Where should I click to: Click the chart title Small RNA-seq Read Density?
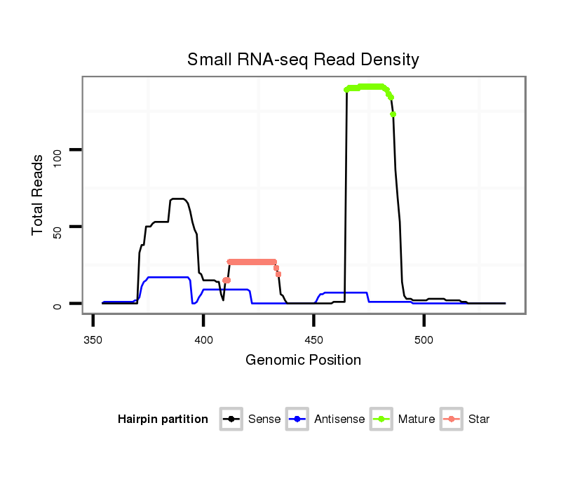point(303,60)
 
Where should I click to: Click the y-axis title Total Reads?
point(39,194)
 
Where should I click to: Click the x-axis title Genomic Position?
point(303,361)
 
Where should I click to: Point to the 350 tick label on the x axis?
point(93,340)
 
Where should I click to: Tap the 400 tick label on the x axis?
point(203,340)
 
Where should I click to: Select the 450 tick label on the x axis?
point(313,340)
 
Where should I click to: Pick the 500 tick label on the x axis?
point(424,340)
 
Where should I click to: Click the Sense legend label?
point(264,419)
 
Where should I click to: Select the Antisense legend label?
point(339,419)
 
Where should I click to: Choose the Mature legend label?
point(417,419)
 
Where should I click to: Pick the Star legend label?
point(479,419)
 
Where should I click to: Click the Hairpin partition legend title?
point(163,419)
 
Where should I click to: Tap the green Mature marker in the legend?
point(383,419)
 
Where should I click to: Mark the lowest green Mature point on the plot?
point(393,114)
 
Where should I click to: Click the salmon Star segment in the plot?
point(252,262)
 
